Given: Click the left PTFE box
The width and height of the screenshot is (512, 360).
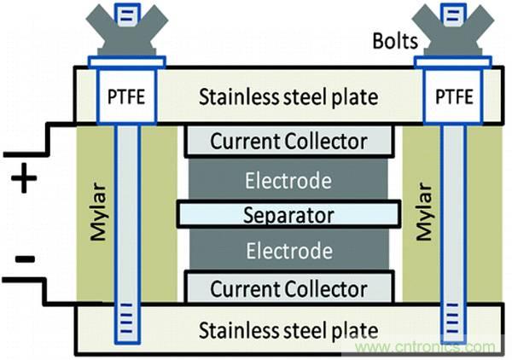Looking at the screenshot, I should (x=125, y=96).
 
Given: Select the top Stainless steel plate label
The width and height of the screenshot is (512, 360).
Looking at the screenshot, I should (x=288, y=96).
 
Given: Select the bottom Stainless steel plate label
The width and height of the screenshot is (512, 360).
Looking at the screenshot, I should (x=288, y=328).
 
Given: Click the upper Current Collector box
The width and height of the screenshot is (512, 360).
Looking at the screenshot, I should (x=289, y=141).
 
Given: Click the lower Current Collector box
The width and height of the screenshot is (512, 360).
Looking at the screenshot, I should (x=289, y=287).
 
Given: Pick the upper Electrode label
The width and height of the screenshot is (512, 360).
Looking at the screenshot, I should (x=288, y=179).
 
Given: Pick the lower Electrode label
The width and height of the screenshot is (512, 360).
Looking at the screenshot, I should (x=288, y=251).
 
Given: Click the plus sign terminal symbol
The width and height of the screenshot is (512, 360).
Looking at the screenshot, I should (x=26, y=180).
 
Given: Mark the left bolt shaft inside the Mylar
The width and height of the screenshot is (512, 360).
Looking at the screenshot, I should (x=125, y=213).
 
